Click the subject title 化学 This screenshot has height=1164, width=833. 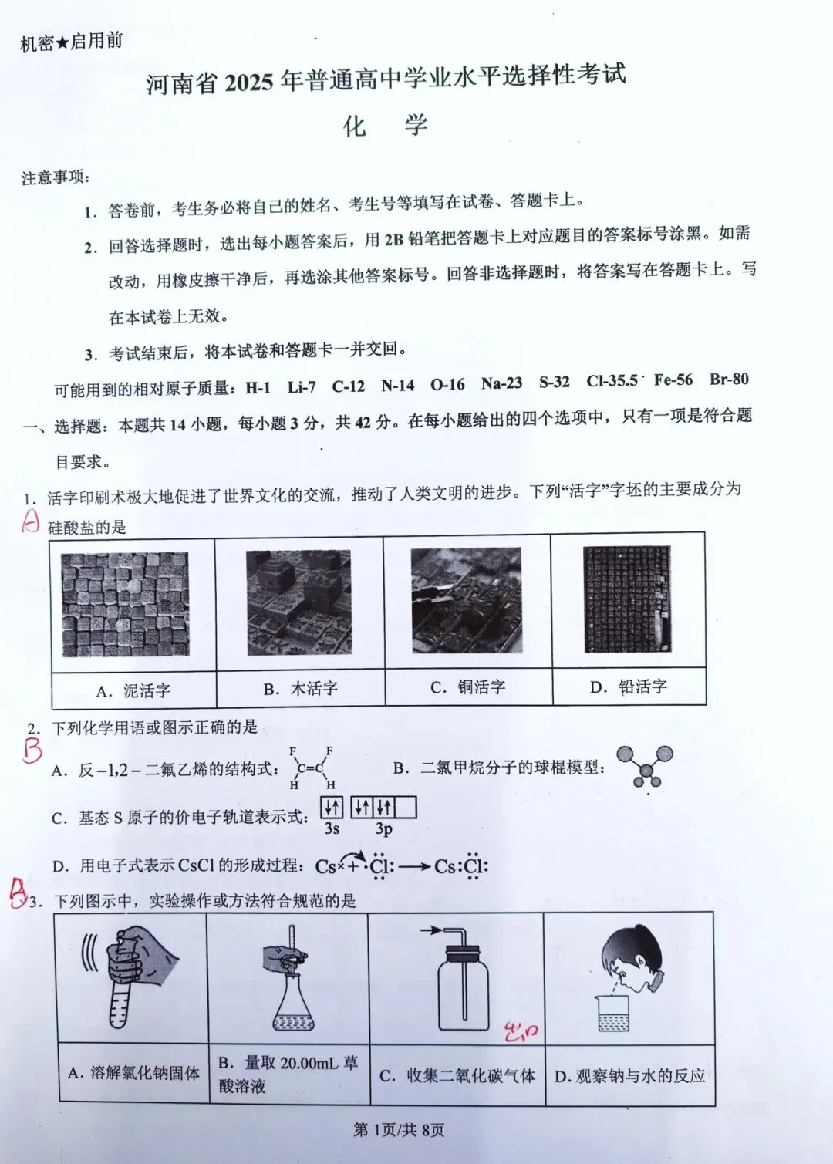pyautogui.click(x=385, y=126)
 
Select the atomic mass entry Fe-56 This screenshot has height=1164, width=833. pyautogui.click(x=673, y=380)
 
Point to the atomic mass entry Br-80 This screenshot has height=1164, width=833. pyautogui.click(x=729, y=379)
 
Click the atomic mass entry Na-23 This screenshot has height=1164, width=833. pyautogui.click(x=501, y=383)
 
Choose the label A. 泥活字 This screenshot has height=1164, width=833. pyautogui.click(x=133, y=690)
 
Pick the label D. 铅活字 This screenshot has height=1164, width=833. pyautogui.click(x=629, y=687)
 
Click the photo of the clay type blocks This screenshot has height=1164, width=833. pyautogui.click(x=125, y=604)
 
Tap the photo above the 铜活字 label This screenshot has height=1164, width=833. pyautogui.click(x=466, y=600)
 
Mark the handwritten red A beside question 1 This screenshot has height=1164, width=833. pyautogui.click(x=29, y=522)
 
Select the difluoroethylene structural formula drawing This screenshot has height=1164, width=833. pyautogui.click(x=311, y=768)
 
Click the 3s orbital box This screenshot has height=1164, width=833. pyautogui.click(x=332, y=808)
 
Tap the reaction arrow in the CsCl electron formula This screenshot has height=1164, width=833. pyautogui.click(x=414, y=866)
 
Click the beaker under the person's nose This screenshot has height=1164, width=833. pyautogui.click(x=615, y=1014)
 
